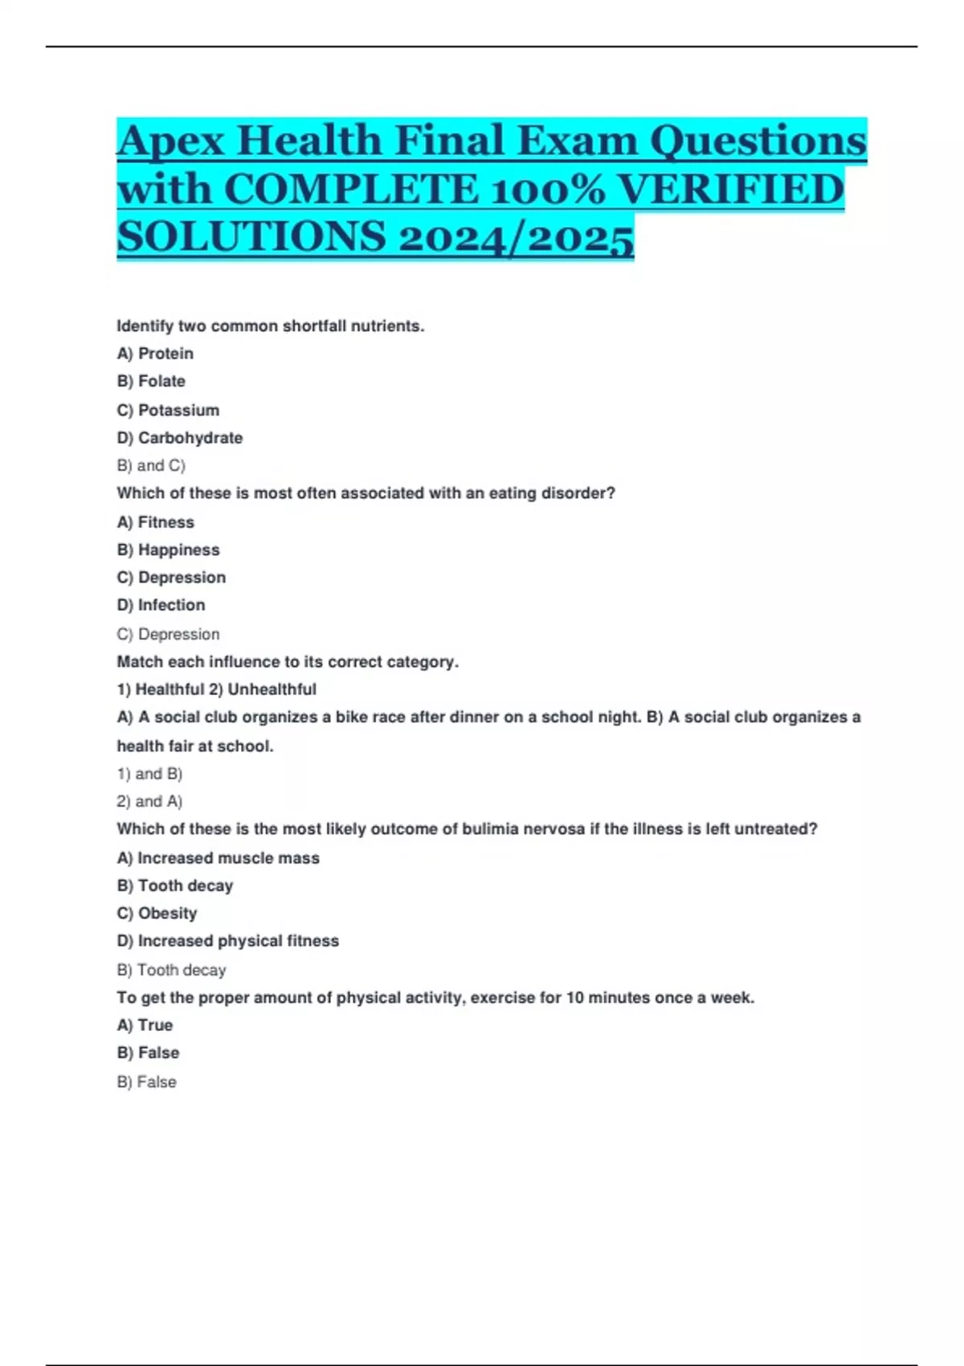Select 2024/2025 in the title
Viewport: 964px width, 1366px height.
pos(516,238)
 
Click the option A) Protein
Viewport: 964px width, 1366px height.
pos(155,354)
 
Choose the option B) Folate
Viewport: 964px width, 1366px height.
pos(151,381)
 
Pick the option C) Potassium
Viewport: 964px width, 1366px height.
pos(168,410)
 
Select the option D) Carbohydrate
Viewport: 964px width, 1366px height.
pos(180,438)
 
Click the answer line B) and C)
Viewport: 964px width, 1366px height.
pos(151,465)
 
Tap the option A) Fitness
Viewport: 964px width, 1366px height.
pos(156,522)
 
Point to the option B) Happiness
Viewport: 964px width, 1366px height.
pos(168,550)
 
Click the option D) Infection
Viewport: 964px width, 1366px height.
pos(161,605)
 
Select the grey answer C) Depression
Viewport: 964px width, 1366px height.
pos(168,634)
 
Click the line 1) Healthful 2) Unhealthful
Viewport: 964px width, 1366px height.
pos(217,689)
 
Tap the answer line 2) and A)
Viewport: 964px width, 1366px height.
pos(149,801)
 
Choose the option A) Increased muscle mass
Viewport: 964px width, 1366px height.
pos(219,858)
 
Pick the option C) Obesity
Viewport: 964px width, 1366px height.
pos(157,913)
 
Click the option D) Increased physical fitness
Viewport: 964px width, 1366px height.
pos(228,941)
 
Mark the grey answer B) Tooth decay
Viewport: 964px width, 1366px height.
pos(171,970)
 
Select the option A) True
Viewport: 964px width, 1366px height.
pos(145,1025)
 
